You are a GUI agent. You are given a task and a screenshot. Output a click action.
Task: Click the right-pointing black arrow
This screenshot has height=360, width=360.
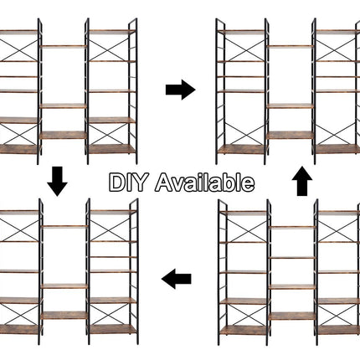(x=181, y=90)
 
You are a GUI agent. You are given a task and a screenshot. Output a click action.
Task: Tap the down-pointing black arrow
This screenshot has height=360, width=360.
(x=57, y=182)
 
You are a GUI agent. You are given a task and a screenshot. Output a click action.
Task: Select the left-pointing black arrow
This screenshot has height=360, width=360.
(x=177, y=279)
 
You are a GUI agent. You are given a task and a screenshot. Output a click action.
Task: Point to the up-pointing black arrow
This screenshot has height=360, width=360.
(x=302, y=181)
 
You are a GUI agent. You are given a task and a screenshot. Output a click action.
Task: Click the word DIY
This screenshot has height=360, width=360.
(x=127, y=183)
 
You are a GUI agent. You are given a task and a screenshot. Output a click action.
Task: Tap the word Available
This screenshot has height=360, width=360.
(x=204, y=183)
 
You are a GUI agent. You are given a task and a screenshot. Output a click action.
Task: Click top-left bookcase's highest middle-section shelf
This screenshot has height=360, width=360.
(x=64, y=46)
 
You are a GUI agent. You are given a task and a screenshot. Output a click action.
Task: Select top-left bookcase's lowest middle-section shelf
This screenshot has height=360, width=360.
(x=64, y=135)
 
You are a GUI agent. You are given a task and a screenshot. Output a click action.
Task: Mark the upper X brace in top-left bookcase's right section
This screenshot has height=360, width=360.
(x=109, y=50)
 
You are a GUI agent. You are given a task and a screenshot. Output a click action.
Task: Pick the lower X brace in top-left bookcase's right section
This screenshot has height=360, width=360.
(x=109, y=134)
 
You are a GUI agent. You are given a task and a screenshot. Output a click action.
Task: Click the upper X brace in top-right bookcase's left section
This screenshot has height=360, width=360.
(x=244, y=50)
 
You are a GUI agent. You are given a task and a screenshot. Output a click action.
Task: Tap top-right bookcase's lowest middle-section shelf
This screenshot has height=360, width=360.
(x=291, y=135)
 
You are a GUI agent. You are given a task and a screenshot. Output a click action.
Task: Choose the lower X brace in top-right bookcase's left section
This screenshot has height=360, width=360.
(x=244, y=134)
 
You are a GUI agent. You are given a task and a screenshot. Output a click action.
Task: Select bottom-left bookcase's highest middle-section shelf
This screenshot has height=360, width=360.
(x=64, y=227)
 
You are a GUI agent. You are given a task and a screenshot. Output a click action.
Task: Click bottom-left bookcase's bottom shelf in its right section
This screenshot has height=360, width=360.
(x=113, y=329)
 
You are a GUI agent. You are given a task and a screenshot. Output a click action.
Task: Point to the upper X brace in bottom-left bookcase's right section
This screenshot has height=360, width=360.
(x=111, y=230)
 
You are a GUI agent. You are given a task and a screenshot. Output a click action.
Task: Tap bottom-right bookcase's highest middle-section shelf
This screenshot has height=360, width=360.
(x=292, y=228)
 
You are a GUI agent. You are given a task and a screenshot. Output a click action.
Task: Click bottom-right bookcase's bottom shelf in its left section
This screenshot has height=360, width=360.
(x=244, y=331)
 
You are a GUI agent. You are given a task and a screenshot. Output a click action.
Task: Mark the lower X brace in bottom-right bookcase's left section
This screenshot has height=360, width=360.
(x=247, y=315)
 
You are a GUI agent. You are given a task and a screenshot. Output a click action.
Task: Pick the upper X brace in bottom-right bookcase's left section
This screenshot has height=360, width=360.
(x=247, y=232)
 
